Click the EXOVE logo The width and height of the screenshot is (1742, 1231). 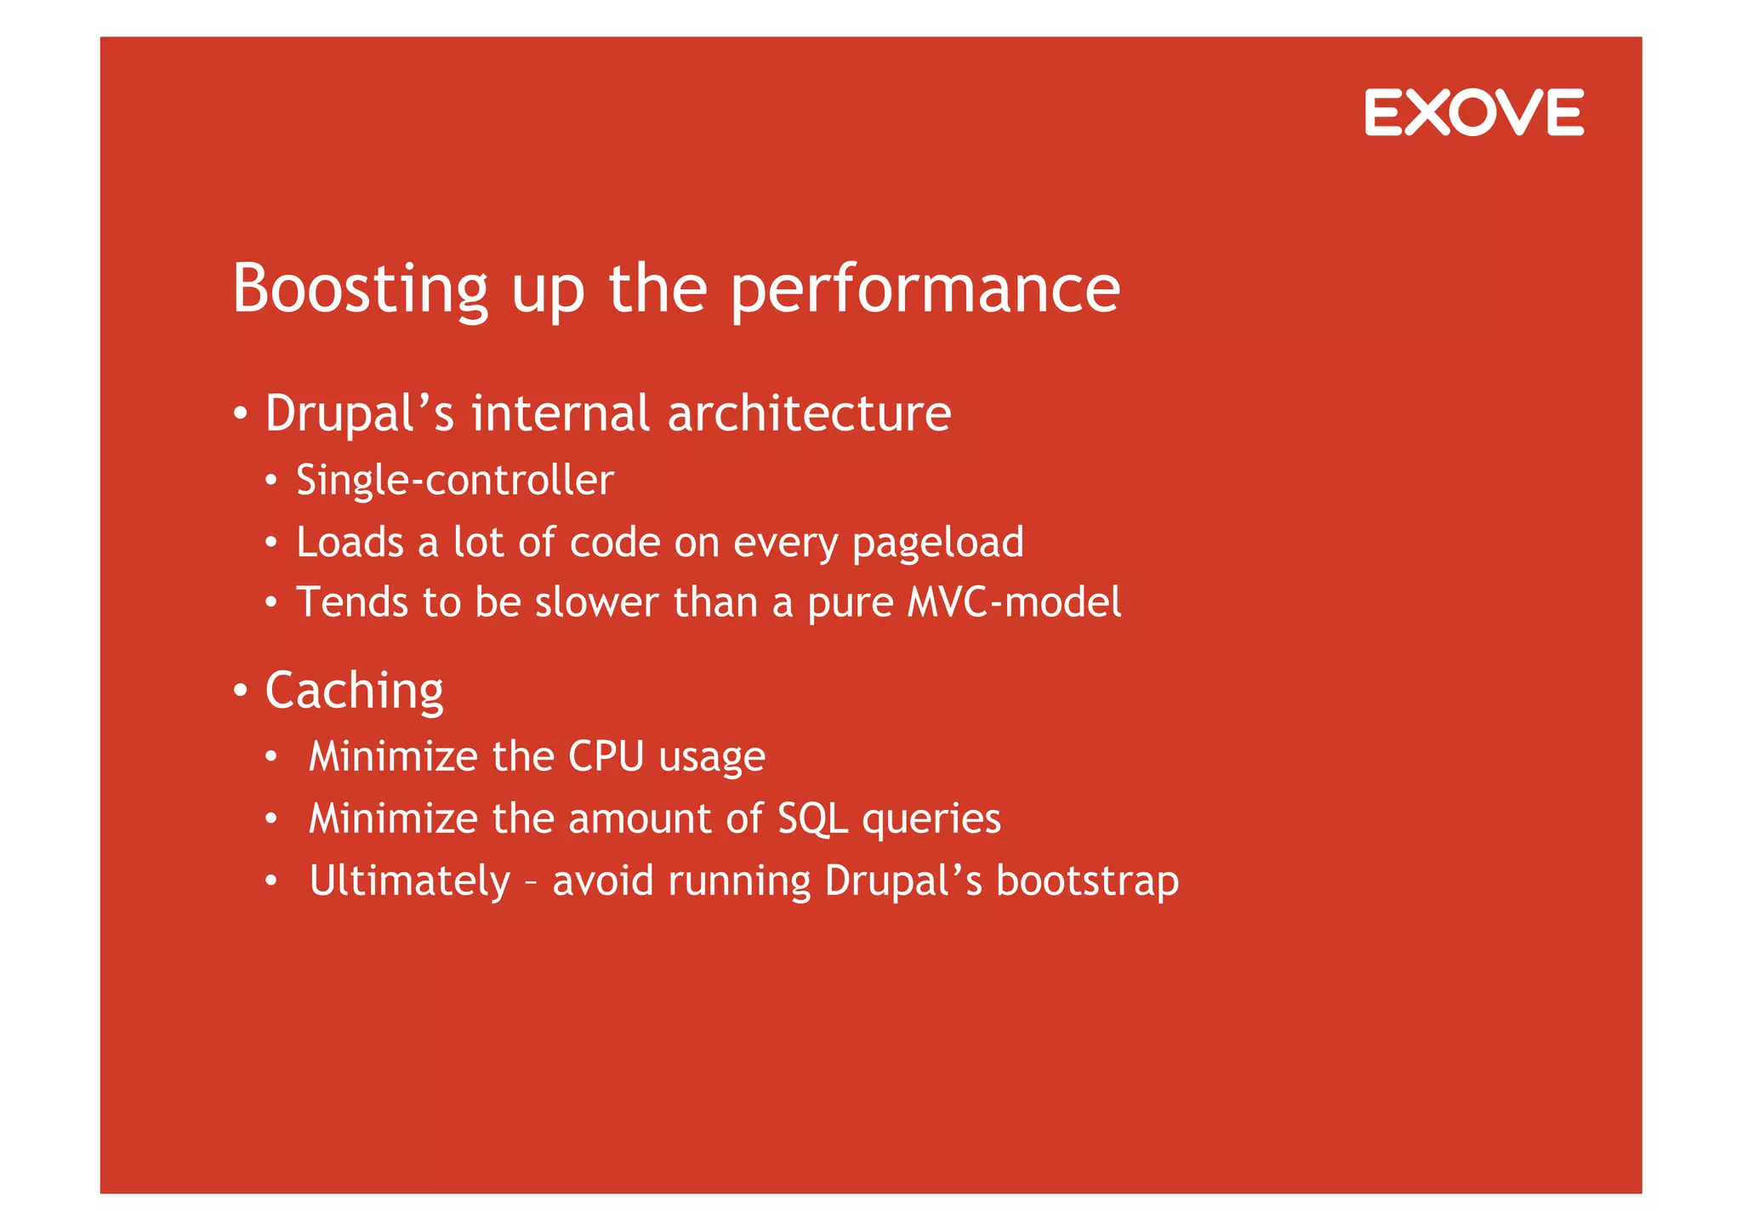pos(1473,112)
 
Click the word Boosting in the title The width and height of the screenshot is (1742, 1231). pos(360,289)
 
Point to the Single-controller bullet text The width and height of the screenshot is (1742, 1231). pos(454,481)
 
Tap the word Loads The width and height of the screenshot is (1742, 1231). pos(350,542)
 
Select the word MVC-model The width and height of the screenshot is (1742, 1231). pos(1014,602)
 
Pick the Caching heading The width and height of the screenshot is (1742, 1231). pos(354,690)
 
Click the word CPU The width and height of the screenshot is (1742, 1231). pos(606,756)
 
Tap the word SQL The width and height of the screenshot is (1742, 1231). pos(812,819)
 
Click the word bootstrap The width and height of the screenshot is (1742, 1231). pos(1087,881)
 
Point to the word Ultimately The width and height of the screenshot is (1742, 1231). pos(409,881)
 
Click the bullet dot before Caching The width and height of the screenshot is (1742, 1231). pos(241,691)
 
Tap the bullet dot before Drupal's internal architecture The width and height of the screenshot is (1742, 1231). pos(241,414)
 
